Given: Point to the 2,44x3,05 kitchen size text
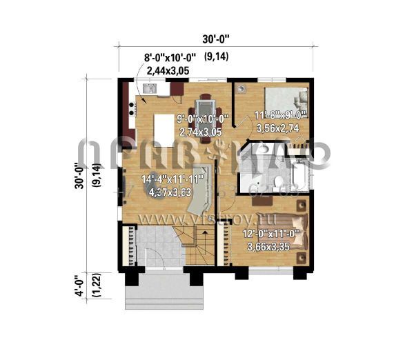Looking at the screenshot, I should [x=170, y=70].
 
